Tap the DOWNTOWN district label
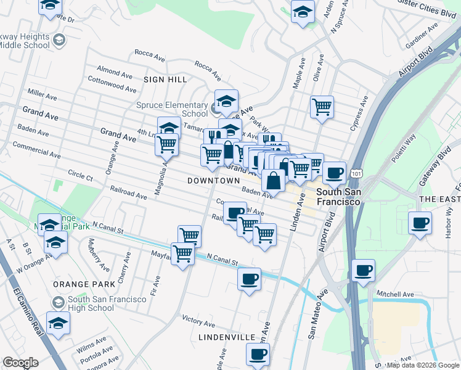coord(213,180)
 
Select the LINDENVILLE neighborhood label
coord(227,337)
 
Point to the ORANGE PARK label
coord(84,284)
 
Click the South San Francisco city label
coord(338,197)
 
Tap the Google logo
coord(20,363)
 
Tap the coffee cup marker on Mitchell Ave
coord(364,269)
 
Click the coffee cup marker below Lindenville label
coord(258,354)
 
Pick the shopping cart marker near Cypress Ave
coord(322,106)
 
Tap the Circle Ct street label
coord(80,176)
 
